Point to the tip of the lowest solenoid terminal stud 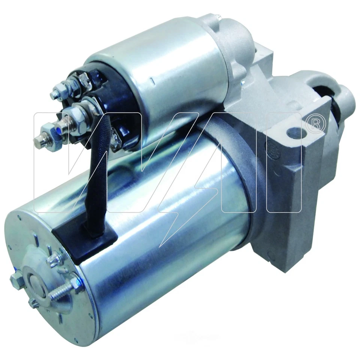[37, 141]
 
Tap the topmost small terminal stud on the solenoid [55, 93]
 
